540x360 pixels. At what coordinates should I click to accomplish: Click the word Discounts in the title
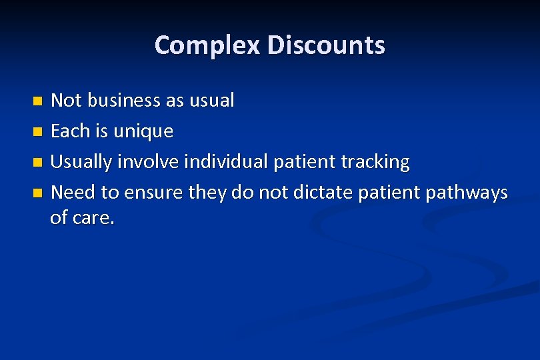[x=326, y=45]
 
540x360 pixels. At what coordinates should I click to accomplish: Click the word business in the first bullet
[x=124, y=101]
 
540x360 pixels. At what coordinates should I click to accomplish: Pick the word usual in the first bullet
[x=211, y=101]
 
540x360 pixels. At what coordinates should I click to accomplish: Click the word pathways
[x=466, y=193]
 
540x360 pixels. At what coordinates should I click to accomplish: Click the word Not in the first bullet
[x=66, y=101]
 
